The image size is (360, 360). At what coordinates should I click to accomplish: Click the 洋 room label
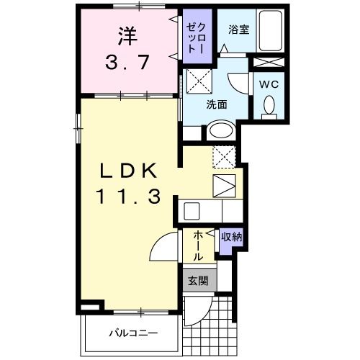pos(126,34)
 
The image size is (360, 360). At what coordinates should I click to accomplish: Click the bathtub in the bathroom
pos(271,31)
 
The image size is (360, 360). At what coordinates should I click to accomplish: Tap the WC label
pos(269,84)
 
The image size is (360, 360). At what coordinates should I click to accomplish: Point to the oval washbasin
pos(220,131)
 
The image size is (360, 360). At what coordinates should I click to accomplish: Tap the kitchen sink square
pos(224,184)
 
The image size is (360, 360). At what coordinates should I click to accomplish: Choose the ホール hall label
pos(197,246)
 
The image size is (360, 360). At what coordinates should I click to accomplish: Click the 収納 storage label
pos(231,236)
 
